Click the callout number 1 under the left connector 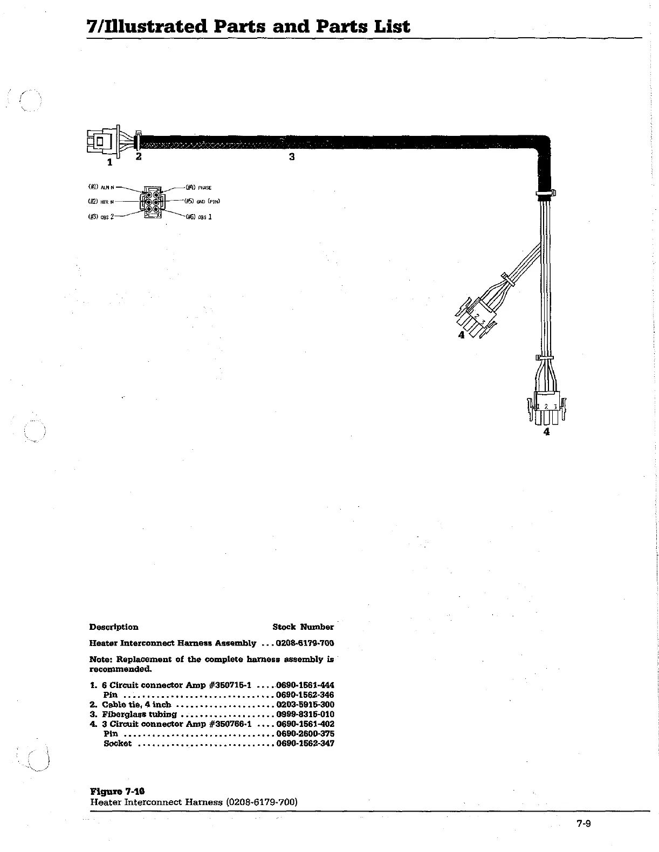(110, 161)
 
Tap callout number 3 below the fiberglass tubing (292, 157)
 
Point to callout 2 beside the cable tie (139, 156)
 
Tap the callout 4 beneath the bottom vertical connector (547, 431)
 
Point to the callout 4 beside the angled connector (461, 335)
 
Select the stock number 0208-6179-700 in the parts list (305, 643)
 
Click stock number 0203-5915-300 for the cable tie (305, 705)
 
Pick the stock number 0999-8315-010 (305, 714)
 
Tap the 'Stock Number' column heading (303, 627)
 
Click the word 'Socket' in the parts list (118, 744)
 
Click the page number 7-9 (584, 823)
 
